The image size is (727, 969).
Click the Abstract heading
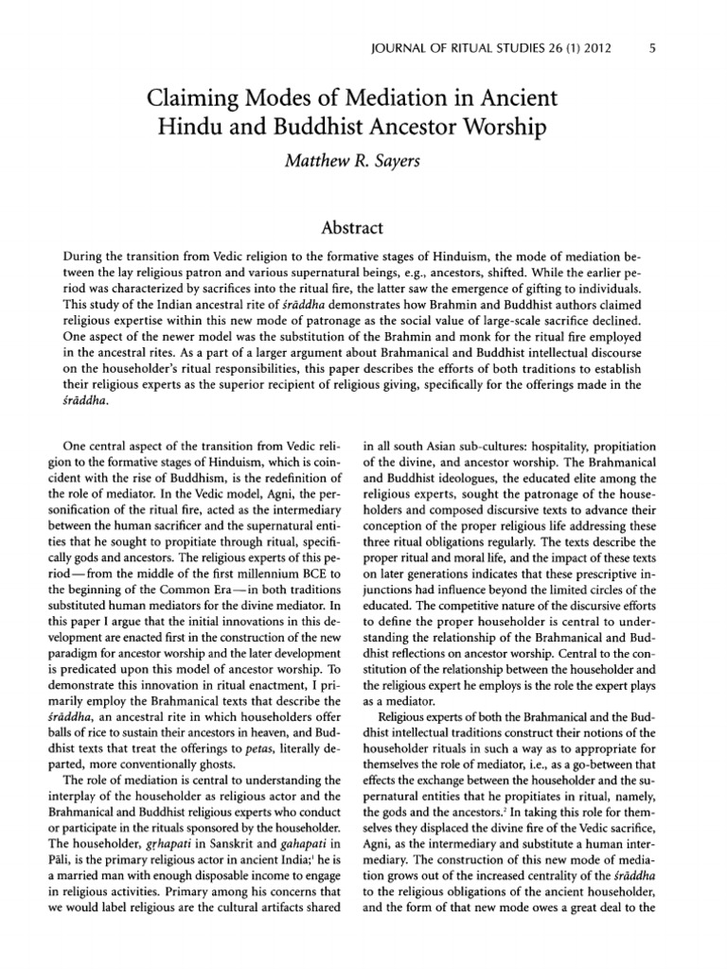363,227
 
